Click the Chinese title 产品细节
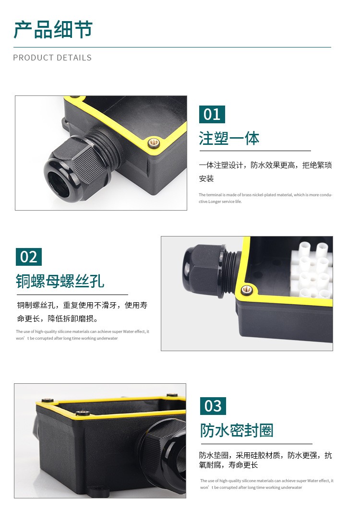click(x=53, y=30)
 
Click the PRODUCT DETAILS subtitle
click(x=52, y=58)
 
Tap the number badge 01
click(x=212, y=115)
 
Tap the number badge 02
click(x=29, y=257)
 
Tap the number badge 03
click(x=213, y=406)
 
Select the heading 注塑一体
click(x=229, y=138)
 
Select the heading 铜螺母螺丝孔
click(x=60, y=281)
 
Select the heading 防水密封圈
click(x=237, y=430)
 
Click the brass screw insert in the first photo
click(x=154, y=143)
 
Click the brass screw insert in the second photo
click(x=246, y=290)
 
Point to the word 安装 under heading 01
click(x=206, y=179)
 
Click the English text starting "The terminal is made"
click(x=265, y=198)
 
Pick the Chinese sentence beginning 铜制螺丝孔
click(x=82, y=312)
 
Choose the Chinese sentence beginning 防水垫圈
click(x=265, y=460)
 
